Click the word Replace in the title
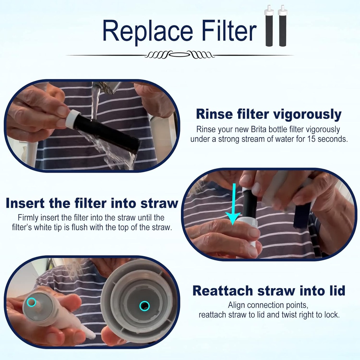pos(148,31)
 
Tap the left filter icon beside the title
pos(269,26)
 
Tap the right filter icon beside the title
pos(282,26)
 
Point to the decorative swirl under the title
pos(180,55)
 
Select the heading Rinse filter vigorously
pos(269,114)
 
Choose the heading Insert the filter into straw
pos(92,203)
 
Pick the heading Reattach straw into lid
pos(269,291)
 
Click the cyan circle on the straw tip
pos(31,302)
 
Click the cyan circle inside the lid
pos(144,306)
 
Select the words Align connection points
pos(269,305)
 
